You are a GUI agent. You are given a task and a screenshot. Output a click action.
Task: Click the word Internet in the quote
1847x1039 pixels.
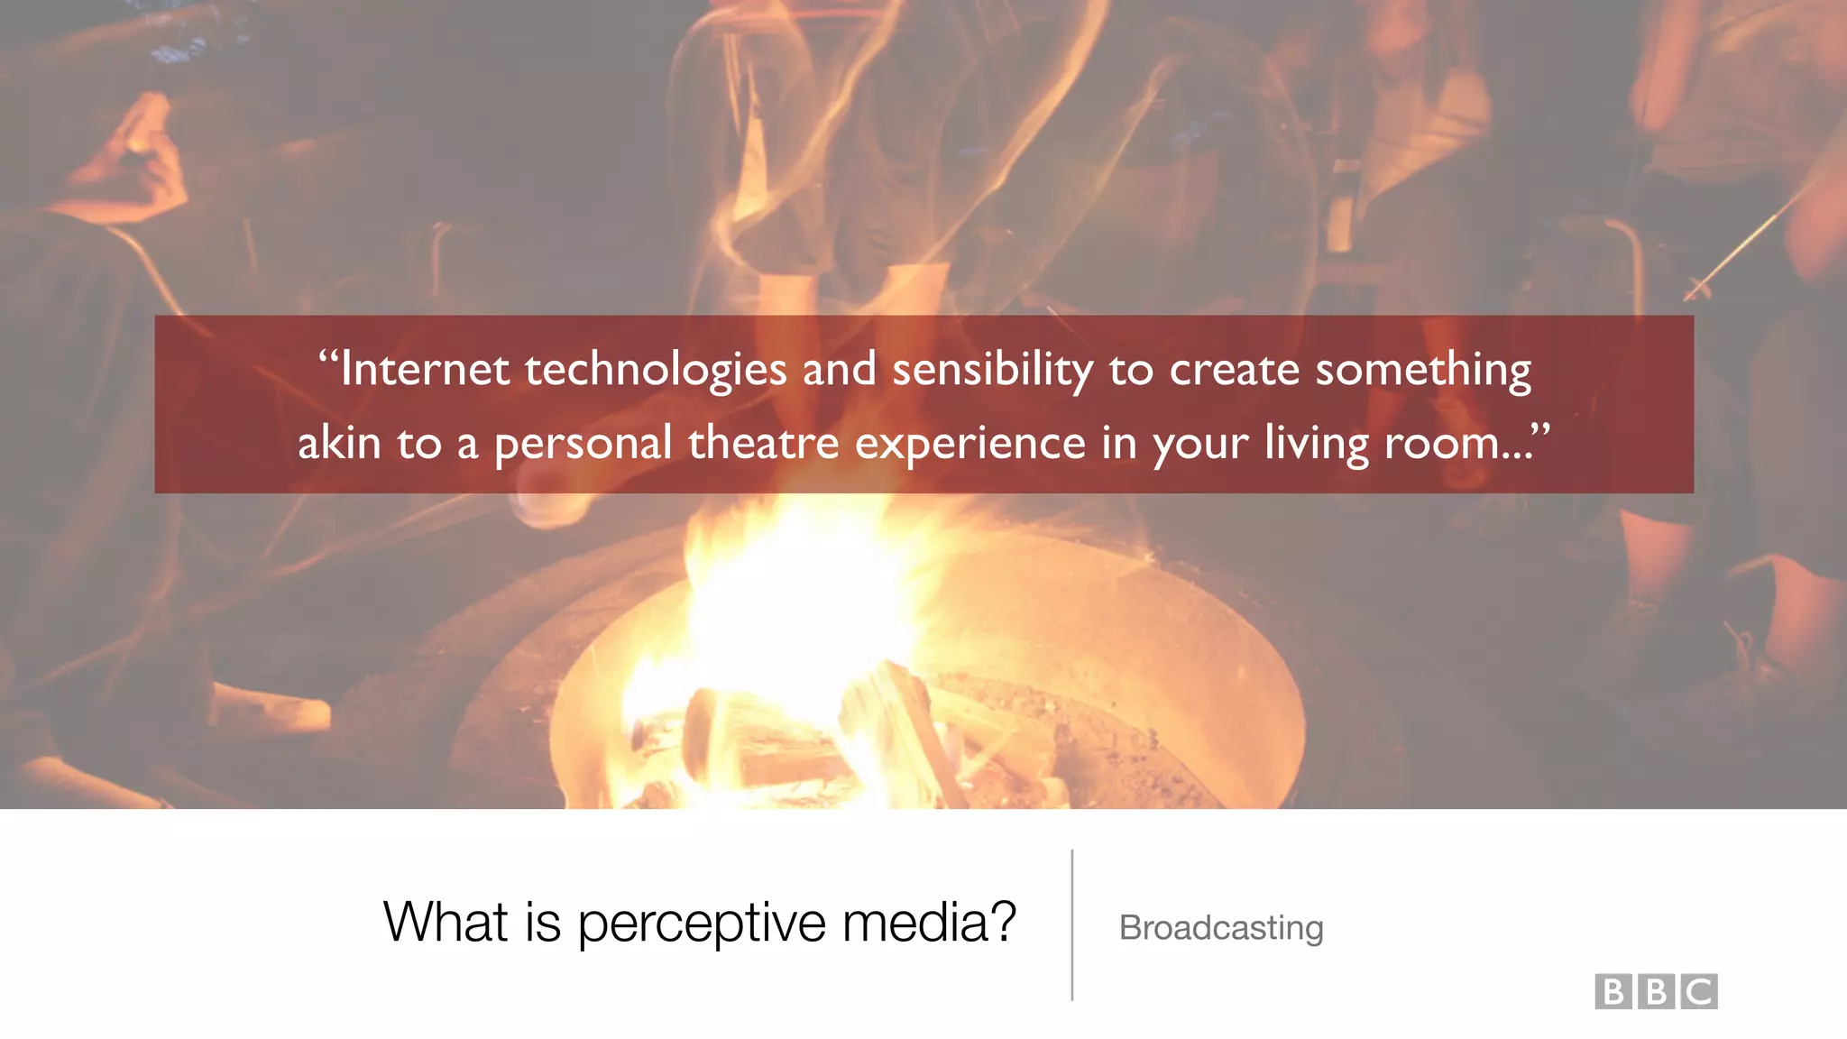[x=424, y=370]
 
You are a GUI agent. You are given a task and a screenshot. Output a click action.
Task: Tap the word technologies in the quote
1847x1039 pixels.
[x=656, y=370]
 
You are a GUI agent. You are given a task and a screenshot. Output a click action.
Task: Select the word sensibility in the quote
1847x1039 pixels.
[x=992, y=370]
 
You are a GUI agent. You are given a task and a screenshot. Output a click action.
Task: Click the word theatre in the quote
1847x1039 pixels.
[x=763, y=443]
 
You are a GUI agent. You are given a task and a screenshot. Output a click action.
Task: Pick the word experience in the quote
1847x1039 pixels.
[x=970, y=443]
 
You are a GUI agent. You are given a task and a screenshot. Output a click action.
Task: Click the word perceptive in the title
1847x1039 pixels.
[x=701, y=923]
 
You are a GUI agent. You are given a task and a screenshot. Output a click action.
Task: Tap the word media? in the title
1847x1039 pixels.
[x=929, y=923]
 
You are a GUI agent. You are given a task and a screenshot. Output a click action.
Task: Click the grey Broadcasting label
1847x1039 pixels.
[x=1220, y=928]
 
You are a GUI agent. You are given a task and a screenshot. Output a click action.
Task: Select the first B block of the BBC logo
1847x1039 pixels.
[x=1613, y=991]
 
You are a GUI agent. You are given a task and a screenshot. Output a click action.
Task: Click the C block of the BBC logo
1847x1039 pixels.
[x=1699, y=991]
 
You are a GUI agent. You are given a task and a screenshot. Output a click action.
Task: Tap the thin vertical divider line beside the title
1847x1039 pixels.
[x=1071, y=924]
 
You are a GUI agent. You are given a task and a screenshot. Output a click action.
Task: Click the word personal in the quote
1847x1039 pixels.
[x=583, y=443]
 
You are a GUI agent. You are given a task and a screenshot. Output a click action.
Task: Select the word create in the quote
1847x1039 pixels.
[x=1234, y=370]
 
